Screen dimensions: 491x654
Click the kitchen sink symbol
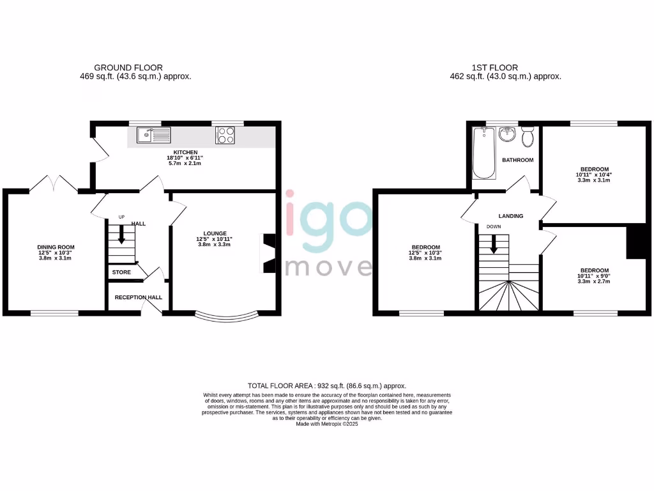tap(154, 135)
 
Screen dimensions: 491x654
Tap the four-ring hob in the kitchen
tap(225, 135)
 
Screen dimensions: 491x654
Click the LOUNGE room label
tap(215, 233)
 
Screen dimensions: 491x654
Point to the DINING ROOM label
tap(56, 247)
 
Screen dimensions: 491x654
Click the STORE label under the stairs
tap(121, 272)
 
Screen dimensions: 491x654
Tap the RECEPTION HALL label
tap(139, 297)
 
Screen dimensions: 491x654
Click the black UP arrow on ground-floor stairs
tap(121, 236)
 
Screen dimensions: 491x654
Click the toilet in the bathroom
tap(528, 137)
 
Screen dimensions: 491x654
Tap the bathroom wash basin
tap(507, 134)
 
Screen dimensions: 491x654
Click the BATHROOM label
tap(517, 160)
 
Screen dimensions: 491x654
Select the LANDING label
tap(511, 216)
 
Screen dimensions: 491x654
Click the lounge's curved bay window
tap(227, 316)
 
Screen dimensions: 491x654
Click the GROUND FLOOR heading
tap(128, 67)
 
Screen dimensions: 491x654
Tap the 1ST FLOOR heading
tap(494, 67)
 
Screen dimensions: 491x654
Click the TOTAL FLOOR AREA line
tap(327, 386)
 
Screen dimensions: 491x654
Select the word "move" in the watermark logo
tap(328, 266)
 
